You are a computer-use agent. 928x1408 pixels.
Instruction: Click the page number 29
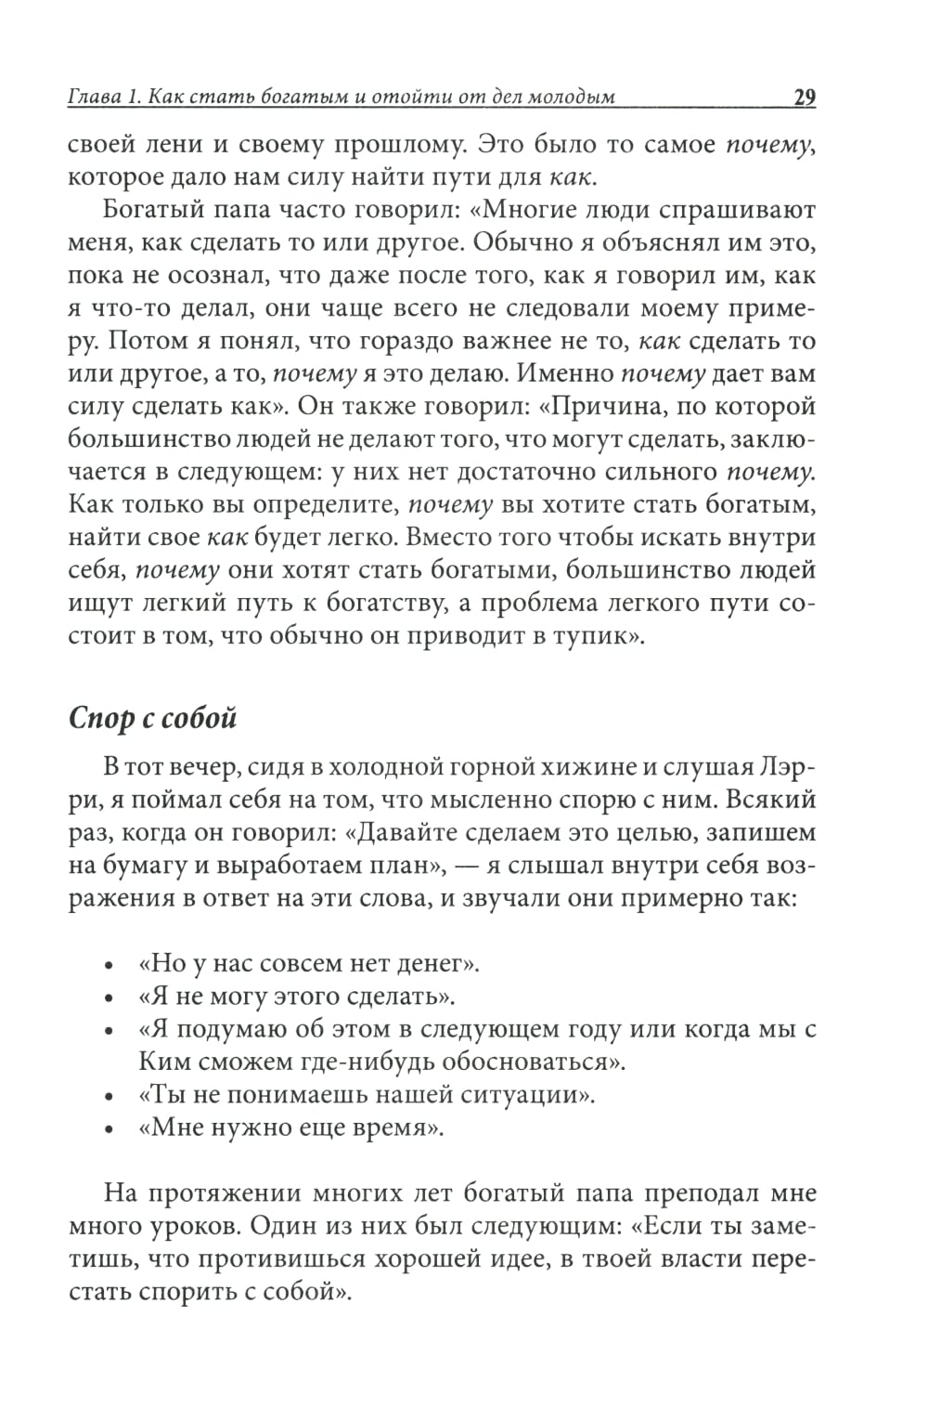(x=804, y=97)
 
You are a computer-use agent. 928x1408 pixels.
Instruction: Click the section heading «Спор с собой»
(x=153, y=718)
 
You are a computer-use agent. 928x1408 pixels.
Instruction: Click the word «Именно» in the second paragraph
(x=565, y=373)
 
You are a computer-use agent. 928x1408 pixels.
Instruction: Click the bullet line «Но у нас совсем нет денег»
(x=308, y=964)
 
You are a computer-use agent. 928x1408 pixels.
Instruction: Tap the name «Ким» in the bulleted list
(x=163, y=1062)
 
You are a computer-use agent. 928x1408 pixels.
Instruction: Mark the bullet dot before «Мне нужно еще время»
(x=110, y=1130)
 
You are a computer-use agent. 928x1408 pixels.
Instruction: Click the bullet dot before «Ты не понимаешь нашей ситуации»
(x=110, y=1097)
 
